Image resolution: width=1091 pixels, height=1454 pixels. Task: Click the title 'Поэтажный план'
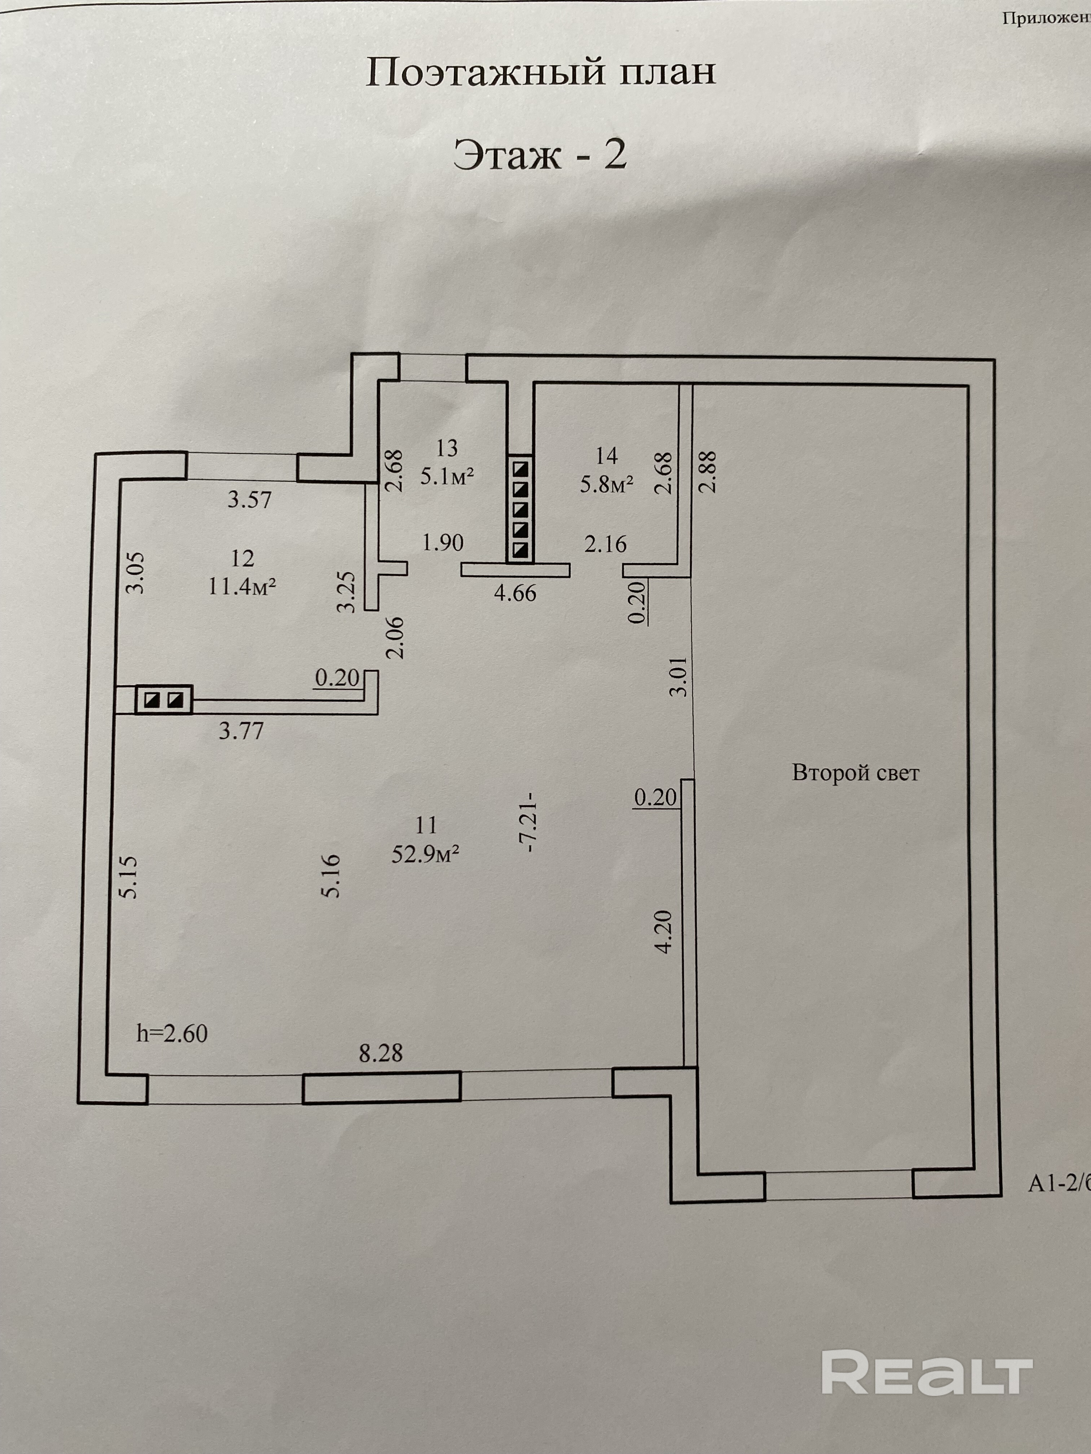click(x=540, y=72)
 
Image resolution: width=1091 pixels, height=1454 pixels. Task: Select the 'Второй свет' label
click(x=855, y=773)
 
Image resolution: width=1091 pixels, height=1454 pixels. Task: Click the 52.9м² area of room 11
click(x=425, y=855)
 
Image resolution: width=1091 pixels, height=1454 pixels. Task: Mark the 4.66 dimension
click(x=515, y=594)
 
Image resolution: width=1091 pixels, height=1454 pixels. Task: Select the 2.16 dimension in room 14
click(x=606, y=544)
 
